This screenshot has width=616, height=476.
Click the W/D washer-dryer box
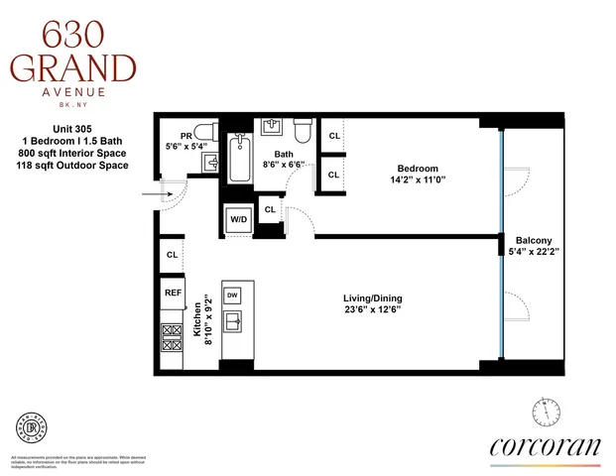238,220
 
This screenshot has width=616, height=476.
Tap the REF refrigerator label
173,294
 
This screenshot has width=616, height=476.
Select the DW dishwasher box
232,295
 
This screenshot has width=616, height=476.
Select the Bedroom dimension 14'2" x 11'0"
419,179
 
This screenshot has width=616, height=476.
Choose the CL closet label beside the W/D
270,209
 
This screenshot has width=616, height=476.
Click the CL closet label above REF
173,255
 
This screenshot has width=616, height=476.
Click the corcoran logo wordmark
545,446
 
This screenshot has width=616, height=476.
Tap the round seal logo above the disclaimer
33,428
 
